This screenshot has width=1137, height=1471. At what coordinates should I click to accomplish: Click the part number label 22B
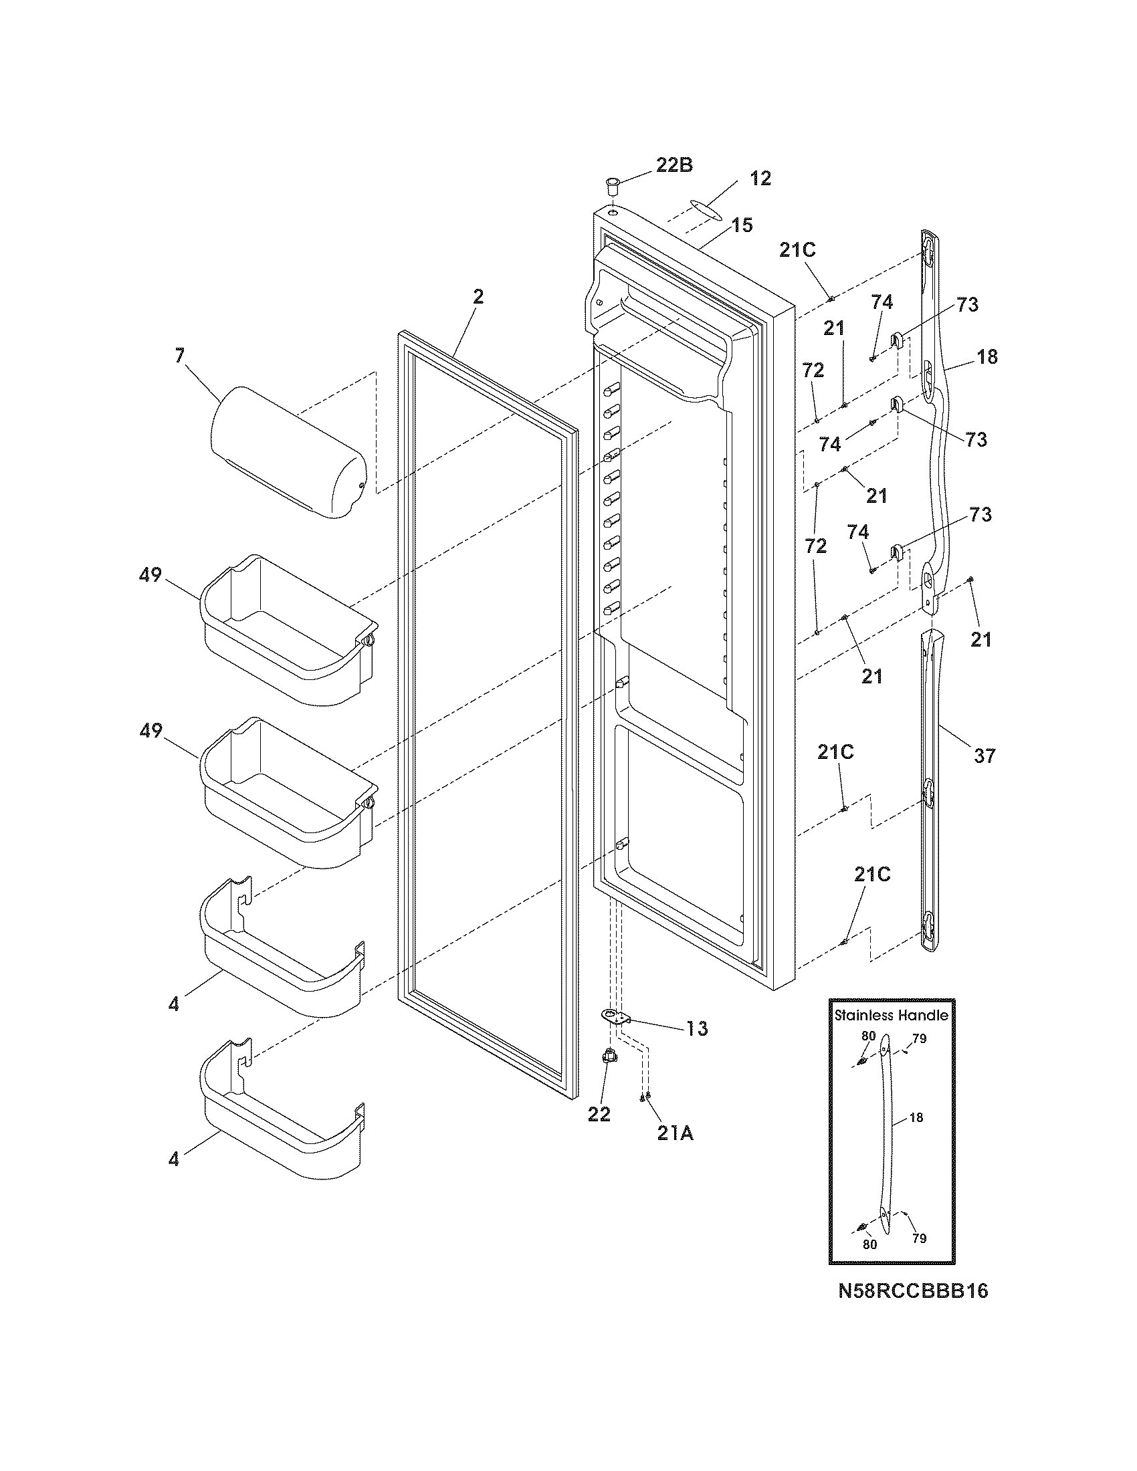[674, 165]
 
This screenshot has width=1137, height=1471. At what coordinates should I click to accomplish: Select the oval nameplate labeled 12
[700, 208]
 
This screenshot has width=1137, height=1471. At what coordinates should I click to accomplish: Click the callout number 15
[742, 225]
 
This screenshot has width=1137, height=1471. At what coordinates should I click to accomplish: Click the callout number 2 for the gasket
[478, 297]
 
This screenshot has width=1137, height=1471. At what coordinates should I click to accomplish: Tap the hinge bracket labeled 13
[613, 1034]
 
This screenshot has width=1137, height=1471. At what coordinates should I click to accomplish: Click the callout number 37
[984, 756]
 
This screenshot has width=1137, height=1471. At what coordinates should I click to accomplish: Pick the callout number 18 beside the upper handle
[987, 356]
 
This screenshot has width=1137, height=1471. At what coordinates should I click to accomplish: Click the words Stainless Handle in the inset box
[891, 1015]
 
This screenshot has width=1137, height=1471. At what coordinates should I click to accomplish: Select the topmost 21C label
[797, 250]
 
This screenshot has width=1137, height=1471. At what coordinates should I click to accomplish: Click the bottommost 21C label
[872, 875]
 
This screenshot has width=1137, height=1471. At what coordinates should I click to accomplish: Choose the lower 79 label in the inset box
[919, 1238]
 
